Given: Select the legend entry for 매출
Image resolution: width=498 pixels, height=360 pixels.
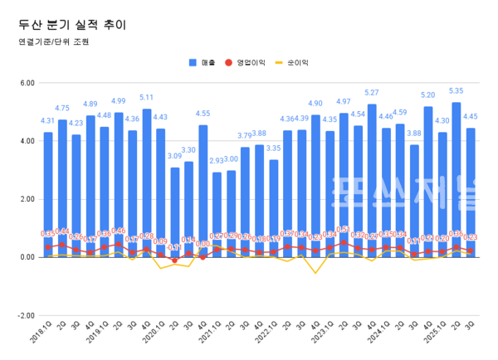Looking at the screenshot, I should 205,62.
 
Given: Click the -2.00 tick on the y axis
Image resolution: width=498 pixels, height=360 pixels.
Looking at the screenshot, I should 25,316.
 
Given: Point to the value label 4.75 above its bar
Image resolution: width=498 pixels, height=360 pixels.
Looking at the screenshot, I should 62,108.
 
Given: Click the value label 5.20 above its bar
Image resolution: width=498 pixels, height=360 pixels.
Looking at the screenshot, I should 428,95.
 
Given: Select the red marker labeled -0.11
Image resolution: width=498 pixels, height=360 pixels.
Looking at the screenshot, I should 175,260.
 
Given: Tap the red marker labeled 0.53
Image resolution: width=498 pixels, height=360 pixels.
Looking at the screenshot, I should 344,242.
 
